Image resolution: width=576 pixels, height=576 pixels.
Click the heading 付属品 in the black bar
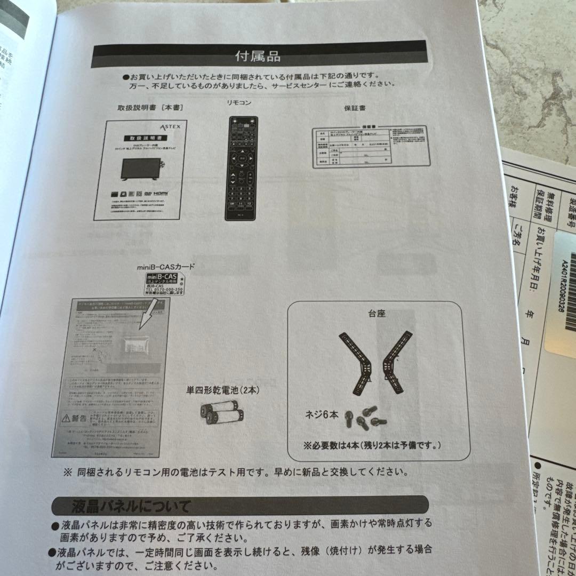[258, 55]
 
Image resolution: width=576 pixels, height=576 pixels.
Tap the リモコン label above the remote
[238, 102]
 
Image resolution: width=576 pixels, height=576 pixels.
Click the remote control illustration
[241, 167]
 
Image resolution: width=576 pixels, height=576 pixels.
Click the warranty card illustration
[369, 147]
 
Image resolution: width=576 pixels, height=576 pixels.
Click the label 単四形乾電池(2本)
[223, 390]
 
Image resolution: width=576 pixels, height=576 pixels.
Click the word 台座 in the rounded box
[377, 314]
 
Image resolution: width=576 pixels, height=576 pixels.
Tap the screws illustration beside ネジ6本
[366, 417]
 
